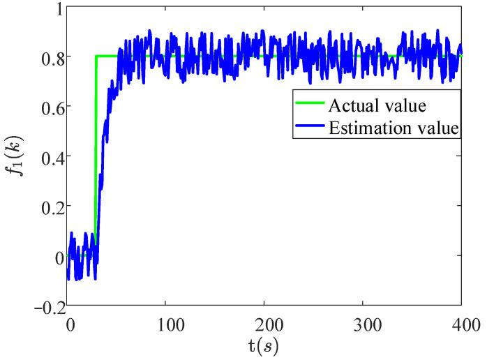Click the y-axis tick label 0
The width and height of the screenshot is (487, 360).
(x=57, y=257)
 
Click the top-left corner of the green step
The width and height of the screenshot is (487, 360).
(x=96, y=56)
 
